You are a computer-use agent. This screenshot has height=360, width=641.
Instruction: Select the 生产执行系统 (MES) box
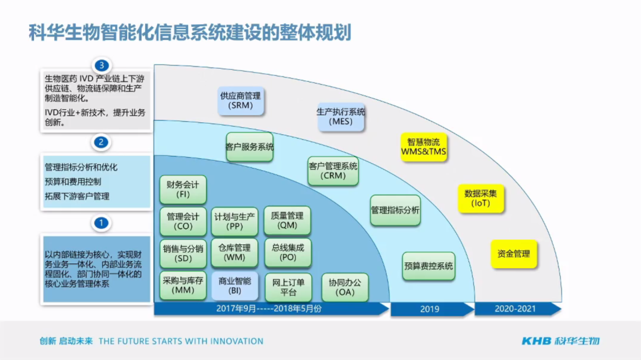click(x=341, y=116)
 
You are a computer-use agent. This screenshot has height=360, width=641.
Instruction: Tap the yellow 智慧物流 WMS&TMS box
click(x=424, y=147)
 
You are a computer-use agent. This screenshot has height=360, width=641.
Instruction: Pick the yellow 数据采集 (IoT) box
click(x=481, y=198)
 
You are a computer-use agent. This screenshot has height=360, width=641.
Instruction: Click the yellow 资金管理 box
click(x=513, y=254)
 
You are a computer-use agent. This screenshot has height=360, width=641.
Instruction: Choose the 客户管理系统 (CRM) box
click(x=333, y=171)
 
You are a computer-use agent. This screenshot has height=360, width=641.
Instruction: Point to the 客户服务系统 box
click(x=249, y=146)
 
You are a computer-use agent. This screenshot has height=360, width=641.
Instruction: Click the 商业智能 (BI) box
click(x=235, y=286)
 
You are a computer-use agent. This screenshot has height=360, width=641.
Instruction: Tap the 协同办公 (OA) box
click(x=345, y=287)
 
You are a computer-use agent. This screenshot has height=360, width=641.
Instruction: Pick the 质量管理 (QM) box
click(x=287, y=221)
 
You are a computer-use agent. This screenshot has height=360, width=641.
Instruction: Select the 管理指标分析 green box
click(x=395, y=211)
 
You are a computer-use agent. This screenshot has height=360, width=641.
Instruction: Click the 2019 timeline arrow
click(x=431, y=309)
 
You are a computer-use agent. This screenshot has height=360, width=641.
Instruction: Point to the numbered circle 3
click(x=102, y=65)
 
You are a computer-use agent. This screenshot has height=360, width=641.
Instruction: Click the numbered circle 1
click(x=102, y=223)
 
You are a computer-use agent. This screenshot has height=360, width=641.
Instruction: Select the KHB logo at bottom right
click(x=560, y=340)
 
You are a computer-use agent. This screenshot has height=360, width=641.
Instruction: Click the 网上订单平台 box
click(x=288, y=287)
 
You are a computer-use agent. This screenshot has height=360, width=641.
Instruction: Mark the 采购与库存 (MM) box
click(x=183, y=286)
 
